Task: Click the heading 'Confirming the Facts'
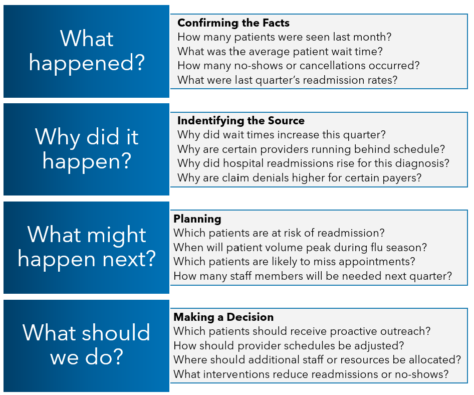tap(233, 23)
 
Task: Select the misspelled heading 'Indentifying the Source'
tap(241, 121)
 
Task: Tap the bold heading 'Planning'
tap(197, 219)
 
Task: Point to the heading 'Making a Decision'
tap(223, 317)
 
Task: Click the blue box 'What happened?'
tap(86, 51)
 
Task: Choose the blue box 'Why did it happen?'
tap(86, 149)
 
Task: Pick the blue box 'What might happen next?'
tap(86, 248)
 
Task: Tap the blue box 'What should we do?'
tap(86, 345)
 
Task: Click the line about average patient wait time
tap(280, 51)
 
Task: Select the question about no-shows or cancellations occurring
tap(298, 66)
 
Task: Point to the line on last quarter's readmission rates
tap(287, 80)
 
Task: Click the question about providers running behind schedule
tap(311, 149)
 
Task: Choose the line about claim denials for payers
tap(299, 177)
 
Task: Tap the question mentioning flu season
tap(300, 248)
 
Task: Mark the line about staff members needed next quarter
tap(312, 276)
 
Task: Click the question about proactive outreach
tap(302, 331)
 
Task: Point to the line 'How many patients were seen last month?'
tap(284, 37)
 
